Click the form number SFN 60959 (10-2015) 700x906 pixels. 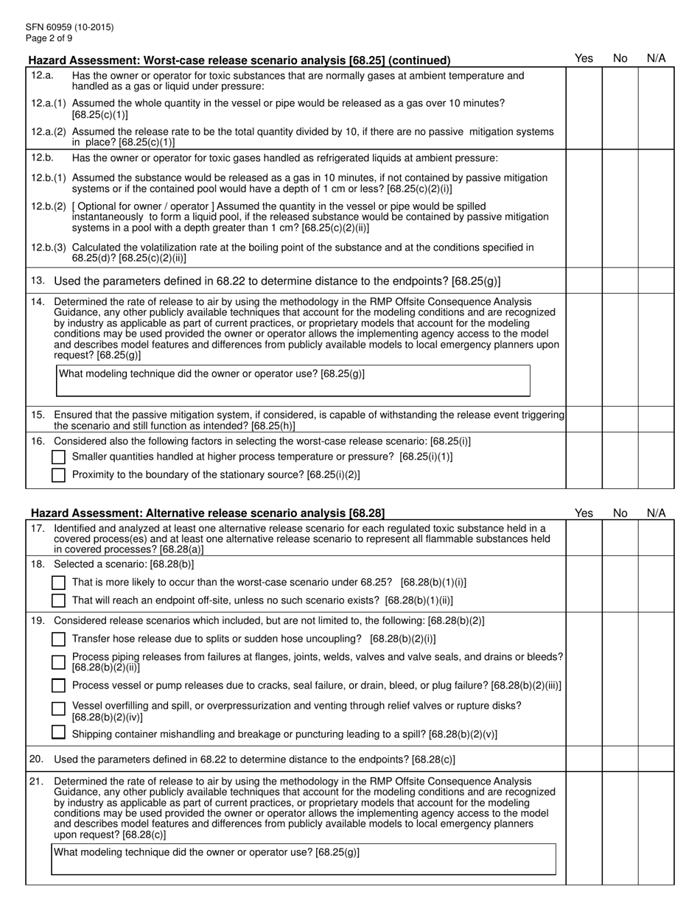click(x=69, y=27)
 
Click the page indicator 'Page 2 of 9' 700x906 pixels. click(x=49, y=38)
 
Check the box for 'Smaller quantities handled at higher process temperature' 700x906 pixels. click(x=59, y=457)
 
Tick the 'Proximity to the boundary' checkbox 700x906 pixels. click(x=59, y=475)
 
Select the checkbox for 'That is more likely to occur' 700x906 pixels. click(x=59, y=583)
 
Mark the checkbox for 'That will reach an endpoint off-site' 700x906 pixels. click(x=59, y=601)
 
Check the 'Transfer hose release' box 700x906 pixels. click(x=59, y=639)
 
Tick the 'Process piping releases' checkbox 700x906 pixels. click(x=59, y=661)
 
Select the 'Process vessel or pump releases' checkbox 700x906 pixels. click(x=59, y=686)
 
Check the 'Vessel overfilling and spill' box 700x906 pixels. click(x=59, y=709)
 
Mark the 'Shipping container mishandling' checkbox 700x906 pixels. click(x=59, y=733)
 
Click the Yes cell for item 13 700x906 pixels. click(x=584, y=281)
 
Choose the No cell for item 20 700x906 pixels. click(x=620, y=759)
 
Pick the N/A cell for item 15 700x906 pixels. click(x=656, y=419)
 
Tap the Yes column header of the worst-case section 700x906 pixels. click(x=584, y=58)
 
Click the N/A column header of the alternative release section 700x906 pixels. click(x=656, y=513)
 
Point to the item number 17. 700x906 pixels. click(x=38, y=528)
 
